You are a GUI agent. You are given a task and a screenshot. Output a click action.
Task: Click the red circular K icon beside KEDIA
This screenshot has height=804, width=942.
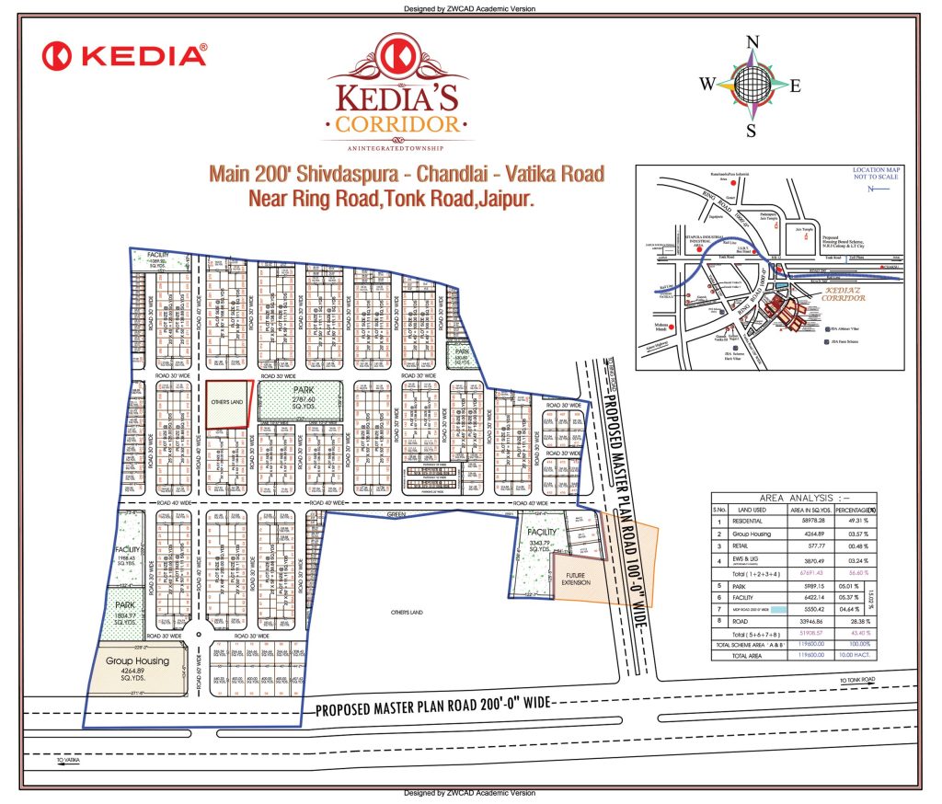tap(60, 55)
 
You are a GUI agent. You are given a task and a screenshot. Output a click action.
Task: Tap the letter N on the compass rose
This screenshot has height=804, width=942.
tap(752, 42)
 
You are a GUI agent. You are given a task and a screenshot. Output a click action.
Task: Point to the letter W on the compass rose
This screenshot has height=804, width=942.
tap(706, 85)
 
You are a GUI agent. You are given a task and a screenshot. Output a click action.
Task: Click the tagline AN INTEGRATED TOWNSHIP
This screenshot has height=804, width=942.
tap(396, 148)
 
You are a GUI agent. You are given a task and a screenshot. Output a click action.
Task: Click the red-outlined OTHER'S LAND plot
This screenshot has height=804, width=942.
tap(227, 405)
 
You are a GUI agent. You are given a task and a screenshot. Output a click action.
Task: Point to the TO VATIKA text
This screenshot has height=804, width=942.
tap(70, 761)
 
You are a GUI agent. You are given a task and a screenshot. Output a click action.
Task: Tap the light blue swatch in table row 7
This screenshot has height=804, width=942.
tap(776, 609)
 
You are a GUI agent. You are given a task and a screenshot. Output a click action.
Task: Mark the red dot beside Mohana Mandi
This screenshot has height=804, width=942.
tap(673, 327)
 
